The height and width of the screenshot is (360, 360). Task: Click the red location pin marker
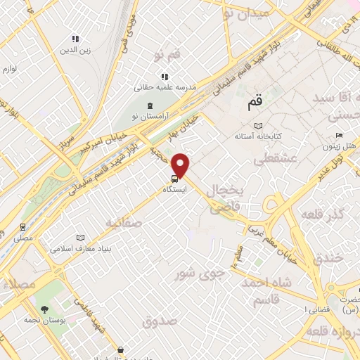pos(181,165)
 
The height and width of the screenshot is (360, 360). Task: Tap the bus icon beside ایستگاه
pos(174,179)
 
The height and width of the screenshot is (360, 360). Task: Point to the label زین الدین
pos(75,50)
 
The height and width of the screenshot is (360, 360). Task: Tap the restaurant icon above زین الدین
pos(75,39)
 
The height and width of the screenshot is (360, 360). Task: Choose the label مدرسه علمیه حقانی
pos(165,88)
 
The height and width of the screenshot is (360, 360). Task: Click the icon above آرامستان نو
pos(149,105)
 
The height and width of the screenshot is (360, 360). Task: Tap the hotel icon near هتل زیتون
pos(339,136)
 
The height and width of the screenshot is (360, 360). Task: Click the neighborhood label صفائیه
pos(124,223)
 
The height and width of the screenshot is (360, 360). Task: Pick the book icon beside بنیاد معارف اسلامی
pos(80,238)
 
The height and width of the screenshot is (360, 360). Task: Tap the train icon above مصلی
pos(22,227)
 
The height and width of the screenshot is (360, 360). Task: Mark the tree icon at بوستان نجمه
pos(44,309)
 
